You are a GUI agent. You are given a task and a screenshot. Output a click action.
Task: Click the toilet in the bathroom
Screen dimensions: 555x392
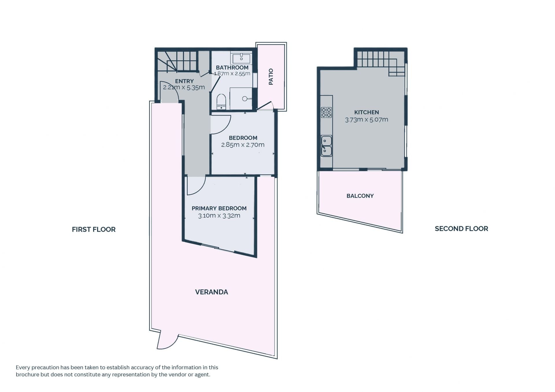click(x=221, y=102)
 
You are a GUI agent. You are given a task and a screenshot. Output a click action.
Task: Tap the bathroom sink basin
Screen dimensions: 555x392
click(x=241, y=58)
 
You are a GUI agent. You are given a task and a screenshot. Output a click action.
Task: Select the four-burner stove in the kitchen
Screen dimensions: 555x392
click(x=326, y=112)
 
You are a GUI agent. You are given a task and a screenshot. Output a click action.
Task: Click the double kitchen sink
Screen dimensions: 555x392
click(x=326, y=146)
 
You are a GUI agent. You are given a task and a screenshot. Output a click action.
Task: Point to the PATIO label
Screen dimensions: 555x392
click(x=271, y=77)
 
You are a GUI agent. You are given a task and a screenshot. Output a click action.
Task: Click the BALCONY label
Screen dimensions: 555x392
click(x=360, y=196)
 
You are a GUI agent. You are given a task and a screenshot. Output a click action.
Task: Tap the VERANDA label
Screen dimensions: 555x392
click(x=212, y=292)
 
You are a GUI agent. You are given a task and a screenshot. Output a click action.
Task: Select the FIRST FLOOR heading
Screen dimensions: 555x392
click(x=94, y=229)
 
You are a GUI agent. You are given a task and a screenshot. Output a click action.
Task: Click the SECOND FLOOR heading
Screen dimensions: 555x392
click(x=461, y=229)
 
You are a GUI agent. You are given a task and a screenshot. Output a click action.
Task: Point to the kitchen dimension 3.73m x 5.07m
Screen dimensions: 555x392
click(x=367, y=120)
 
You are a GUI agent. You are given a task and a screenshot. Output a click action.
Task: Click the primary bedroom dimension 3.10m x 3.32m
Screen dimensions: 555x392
click(x=219, y=215)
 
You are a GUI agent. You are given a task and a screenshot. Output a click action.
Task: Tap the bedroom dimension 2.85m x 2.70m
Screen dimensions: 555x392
click(x=243, y=145)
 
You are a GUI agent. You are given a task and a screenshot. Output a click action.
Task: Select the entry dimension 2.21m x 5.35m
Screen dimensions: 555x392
click(x=184, y=87)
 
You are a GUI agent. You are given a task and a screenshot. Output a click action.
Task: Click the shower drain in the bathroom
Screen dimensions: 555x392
click(x=245, y=99)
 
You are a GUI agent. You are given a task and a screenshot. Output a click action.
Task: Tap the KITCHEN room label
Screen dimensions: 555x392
click(x=367, y=112)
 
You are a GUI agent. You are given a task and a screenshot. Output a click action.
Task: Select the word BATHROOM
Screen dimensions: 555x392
click(x=232, y=68)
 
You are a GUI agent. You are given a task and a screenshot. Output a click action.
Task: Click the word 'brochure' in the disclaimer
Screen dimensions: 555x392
click(x=27, y=375)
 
